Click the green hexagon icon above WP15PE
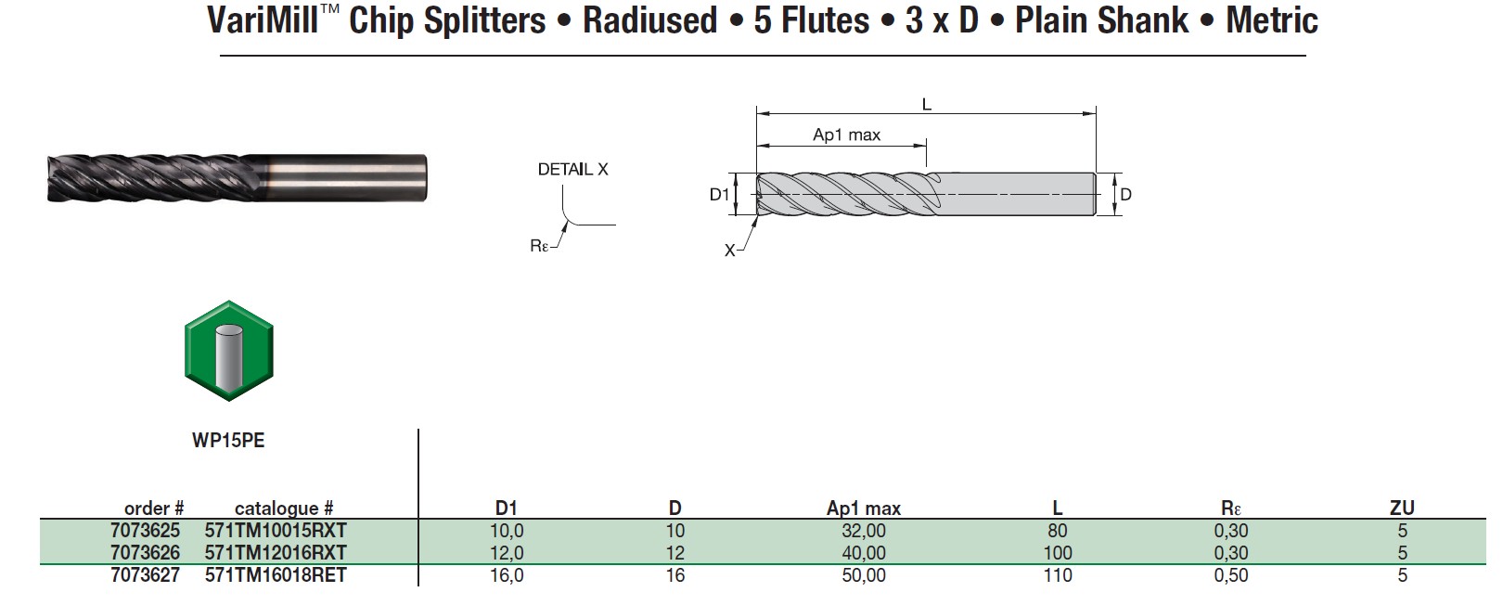tap(229, 351)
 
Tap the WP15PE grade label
tap(228, 441)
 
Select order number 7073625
tap(145, 531)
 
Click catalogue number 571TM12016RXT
tap(276, 553)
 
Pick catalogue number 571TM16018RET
tap(276, 575)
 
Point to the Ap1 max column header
tap(863, 508)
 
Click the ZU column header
tap(1401, 508)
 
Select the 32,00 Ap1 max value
tap(863, 531)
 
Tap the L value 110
tap(1057, 575)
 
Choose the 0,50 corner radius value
tap(1230, 575)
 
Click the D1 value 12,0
tap(507, 553)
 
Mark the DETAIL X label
tap(572, 169)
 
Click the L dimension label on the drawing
tap(926, 105)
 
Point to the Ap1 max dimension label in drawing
tap(846, 135)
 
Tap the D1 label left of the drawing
tap(719, 194)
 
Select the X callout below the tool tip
tap(730, 251)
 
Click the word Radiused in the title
tap(649, 20)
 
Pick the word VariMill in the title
tap(263, 20)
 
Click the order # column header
tap(154, 508)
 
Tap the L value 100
tap(1057, 553)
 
